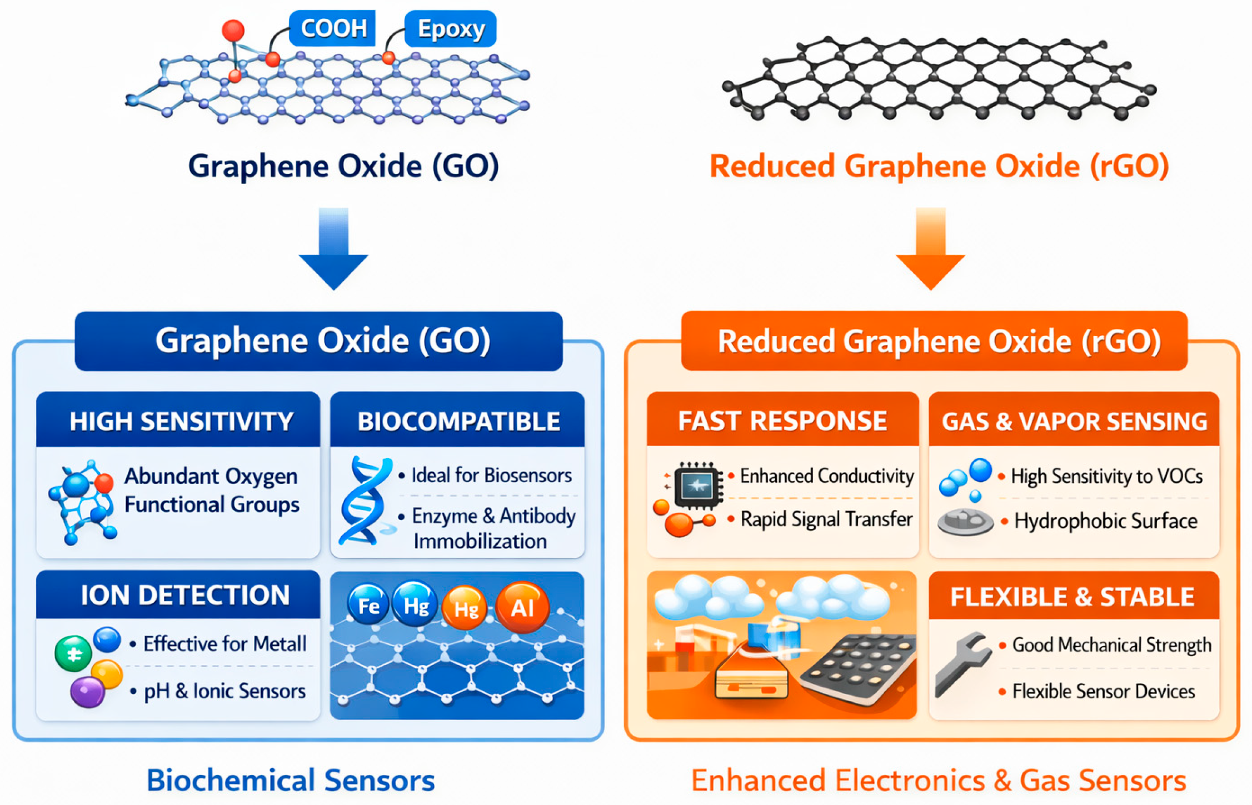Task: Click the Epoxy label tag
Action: [451, 29]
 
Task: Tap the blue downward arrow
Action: [333, 250]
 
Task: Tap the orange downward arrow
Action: [930, 250]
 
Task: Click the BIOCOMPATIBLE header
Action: [458, 421]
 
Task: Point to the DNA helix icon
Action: [365, 500]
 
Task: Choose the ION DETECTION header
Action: [184, 595]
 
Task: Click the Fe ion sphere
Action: [368, 605]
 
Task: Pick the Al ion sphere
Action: [522, 607]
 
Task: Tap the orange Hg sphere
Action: [466, 609]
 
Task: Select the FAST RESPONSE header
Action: [782, 421]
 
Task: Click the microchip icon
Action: [697, 485]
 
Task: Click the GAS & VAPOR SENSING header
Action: [1074, 421]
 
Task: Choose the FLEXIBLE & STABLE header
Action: [1072, 597]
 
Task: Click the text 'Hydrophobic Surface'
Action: [1105, 521]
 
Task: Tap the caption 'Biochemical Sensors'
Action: [291, 780]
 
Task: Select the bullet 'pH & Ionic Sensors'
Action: [225, 691]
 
